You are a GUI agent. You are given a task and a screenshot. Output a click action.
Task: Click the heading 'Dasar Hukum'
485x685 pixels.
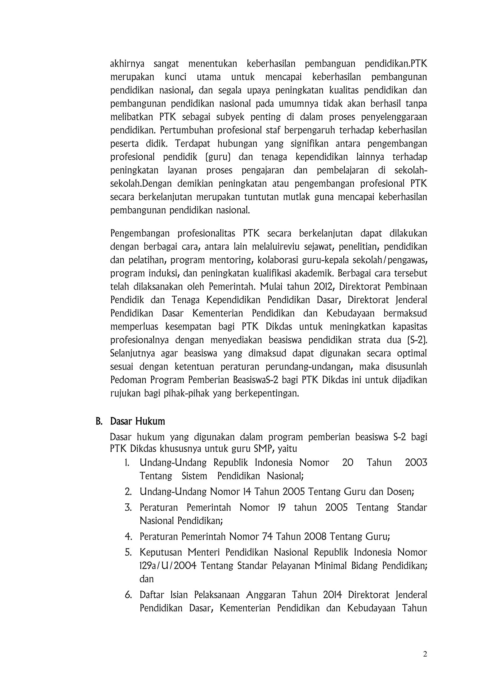(137, 421)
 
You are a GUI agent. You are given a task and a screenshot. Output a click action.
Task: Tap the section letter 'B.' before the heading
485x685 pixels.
(99, 421)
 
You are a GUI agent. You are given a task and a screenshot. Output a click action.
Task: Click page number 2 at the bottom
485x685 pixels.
(425, 654)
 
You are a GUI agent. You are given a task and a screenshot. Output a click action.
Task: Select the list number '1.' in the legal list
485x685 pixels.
(127, 463)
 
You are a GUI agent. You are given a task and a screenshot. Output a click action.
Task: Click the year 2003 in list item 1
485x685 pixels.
(416, 463)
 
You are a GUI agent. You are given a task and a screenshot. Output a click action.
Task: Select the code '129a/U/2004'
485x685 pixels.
(168, 566)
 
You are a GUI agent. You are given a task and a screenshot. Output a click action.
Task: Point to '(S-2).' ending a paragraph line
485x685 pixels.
(417, 340)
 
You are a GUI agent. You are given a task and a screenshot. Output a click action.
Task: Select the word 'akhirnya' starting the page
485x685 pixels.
(127, 64)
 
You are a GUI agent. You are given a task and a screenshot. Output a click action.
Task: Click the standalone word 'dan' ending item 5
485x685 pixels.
(146, 579)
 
